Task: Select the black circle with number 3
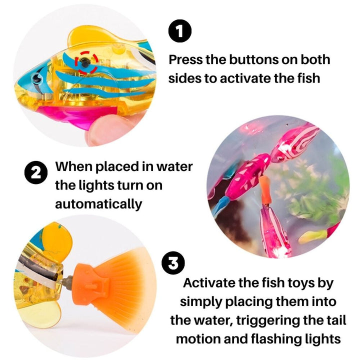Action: tap(173, 263)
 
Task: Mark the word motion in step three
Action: tap(200, 339)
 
